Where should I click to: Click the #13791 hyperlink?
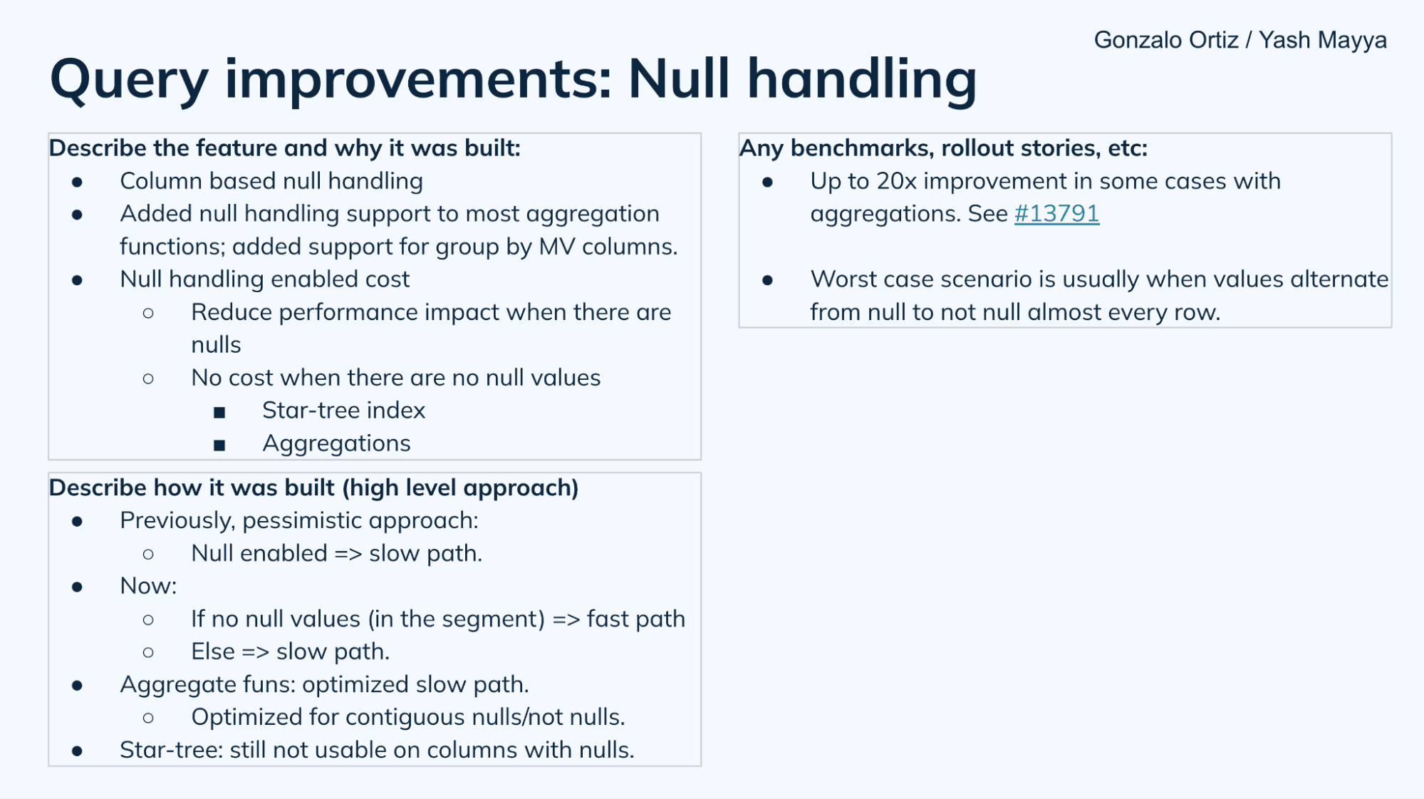tap(1056, 213)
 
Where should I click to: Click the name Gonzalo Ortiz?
tap(1165, 40)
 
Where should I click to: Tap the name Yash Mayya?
tap(1322, 40)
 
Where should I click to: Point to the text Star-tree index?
tap(343, 411)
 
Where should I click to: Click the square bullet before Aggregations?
tap(219, 445)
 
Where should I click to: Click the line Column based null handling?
tap(271, 181)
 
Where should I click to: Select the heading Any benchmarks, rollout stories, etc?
tap(943, 148)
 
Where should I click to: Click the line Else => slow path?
tap(290, 651)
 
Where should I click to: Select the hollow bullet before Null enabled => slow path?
tap(148, 554)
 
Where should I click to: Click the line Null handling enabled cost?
tap(264, 279)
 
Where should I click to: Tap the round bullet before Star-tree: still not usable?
tap(77, 751)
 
